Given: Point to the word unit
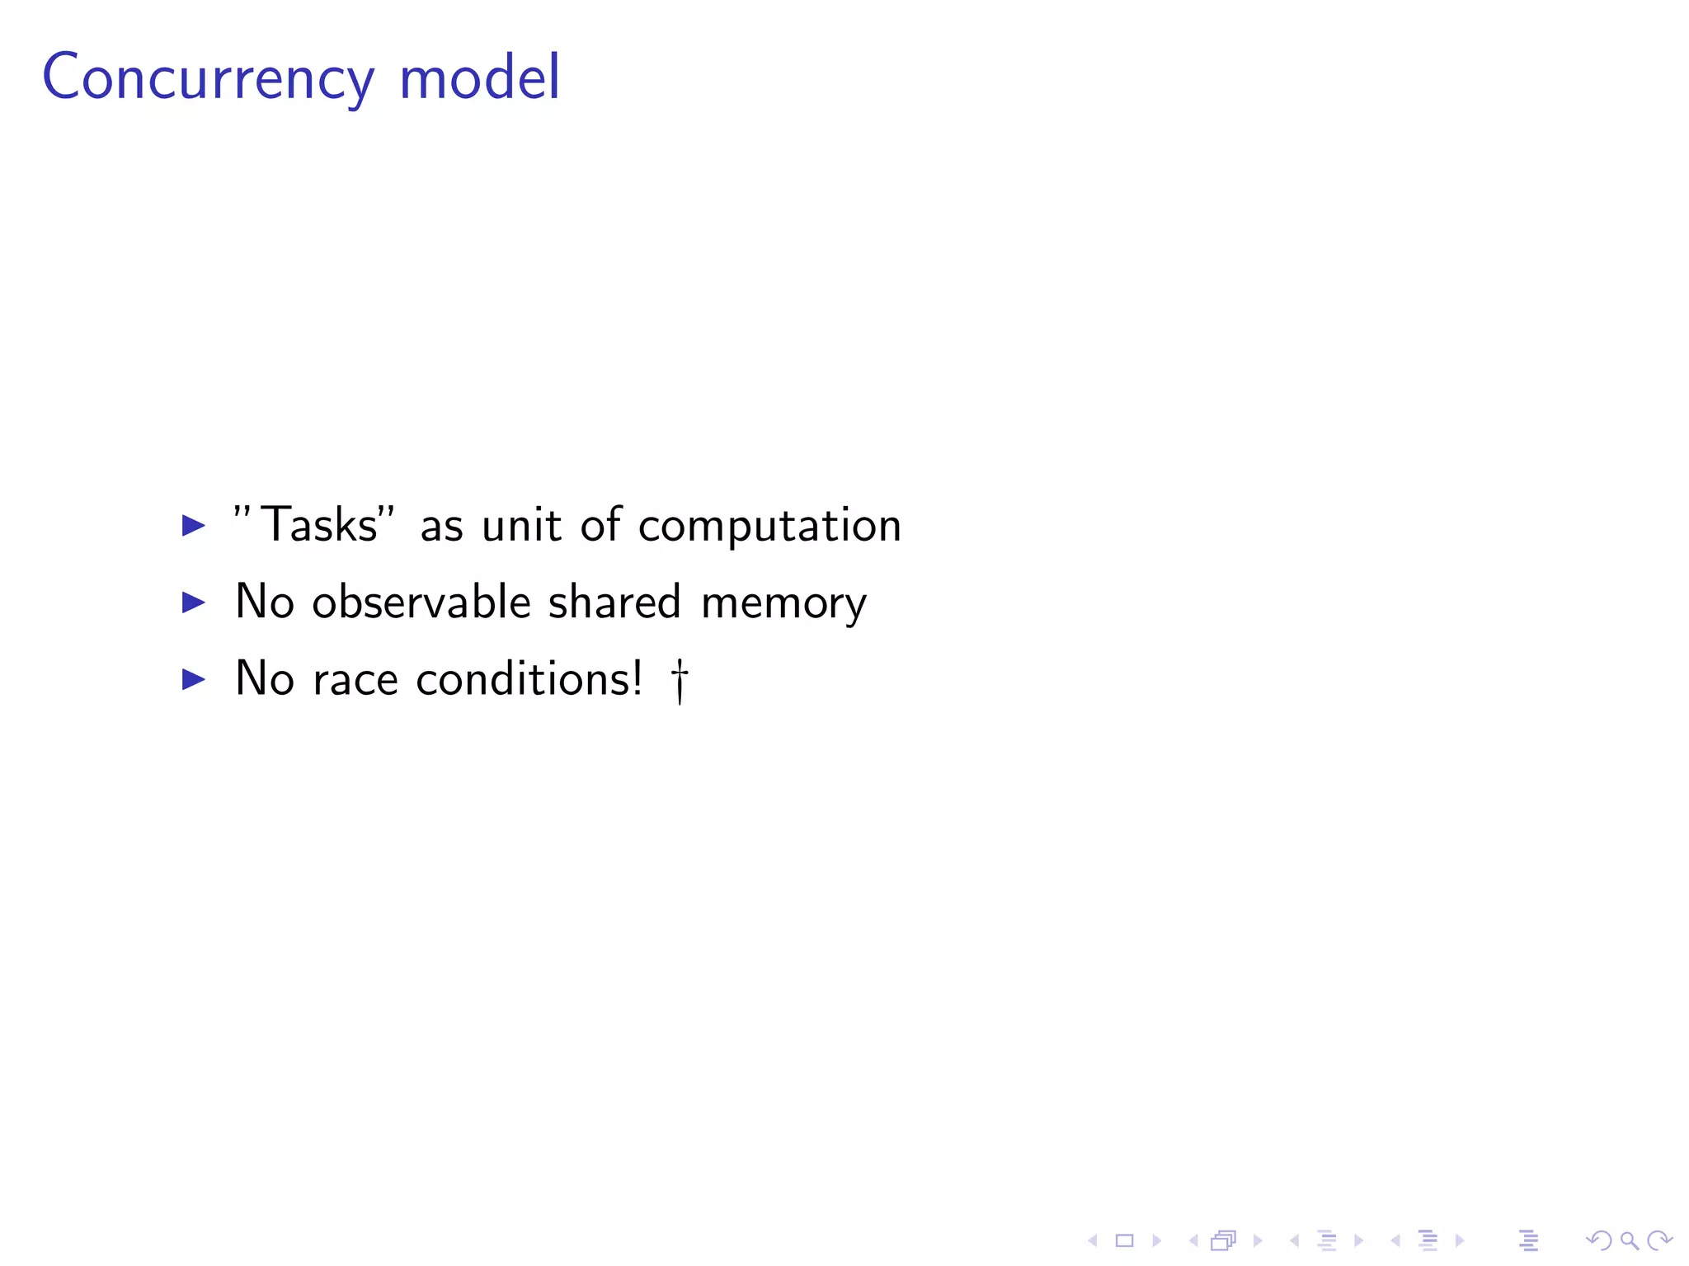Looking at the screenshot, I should (521, 524).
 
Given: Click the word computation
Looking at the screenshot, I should (769, 526).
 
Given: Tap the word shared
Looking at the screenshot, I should (614, 602).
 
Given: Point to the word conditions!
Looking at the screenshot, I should (529, 678).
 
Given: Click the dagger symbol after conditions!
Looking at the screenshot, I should (680, 681).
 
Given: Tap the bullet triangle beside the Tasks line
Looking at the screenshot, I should (194, 525).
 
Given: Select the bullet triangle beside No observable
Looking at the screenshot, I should (194, 603).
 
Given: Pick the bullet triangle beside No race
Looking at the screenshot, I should (194, 679).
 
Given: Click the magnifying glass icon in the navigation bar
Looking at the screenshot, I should (1629, 1240).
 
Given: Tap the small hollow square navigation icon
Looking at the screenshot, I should (1125, 1240).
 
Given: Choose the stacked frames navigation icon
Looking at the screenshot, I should (1224, 1240).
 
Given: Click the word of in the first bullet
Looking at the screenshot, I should (600, 524).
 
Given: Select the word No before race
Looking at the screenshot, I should (265, 678).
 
